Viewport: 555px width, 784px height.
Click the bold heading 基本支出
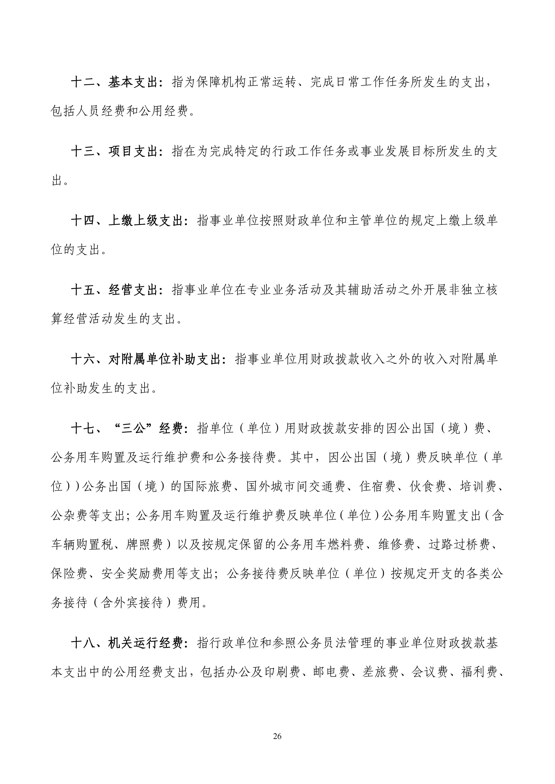pos(133,83)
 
